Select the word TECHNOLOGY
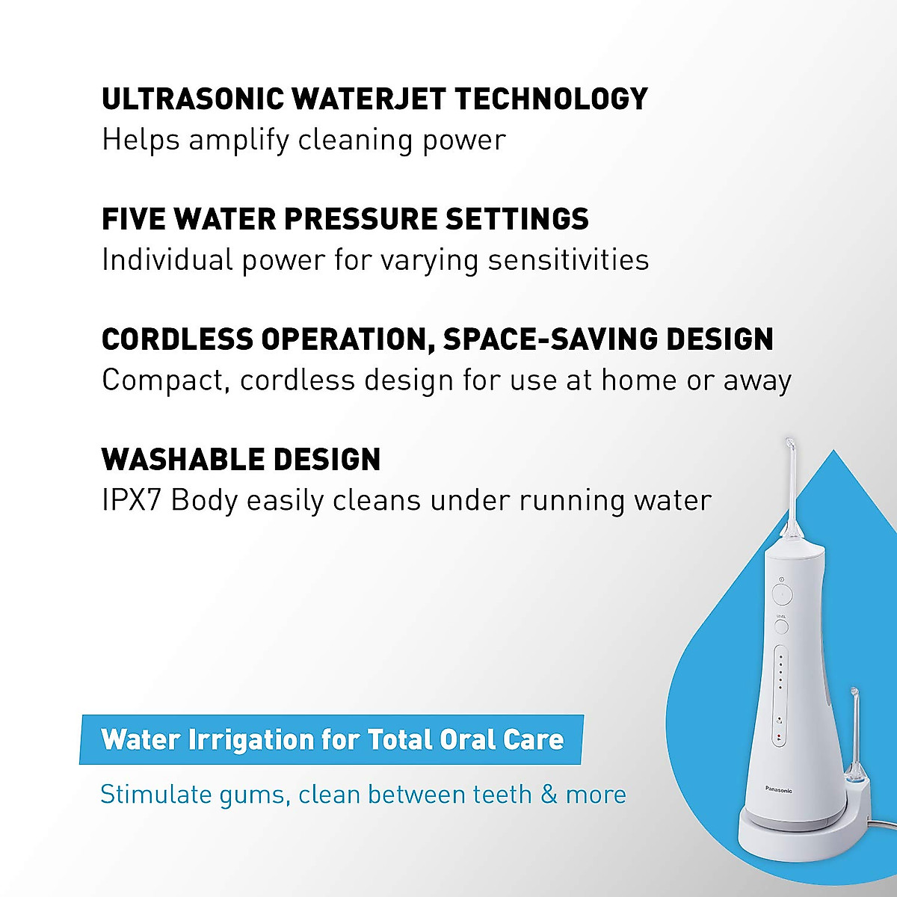click(x=552, y=99)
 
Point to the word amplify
click(x=238, y=141)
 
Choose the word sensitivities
click(x=568, y=260)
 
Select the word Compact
click(x=163, y=380)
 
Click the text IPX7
click(x=132, y=500)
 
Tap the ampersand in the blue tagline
click(x=549, y=794)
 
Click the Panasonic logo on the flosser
click(x=779, y=789)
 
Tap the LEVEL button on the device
click(x=781, y=626)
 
